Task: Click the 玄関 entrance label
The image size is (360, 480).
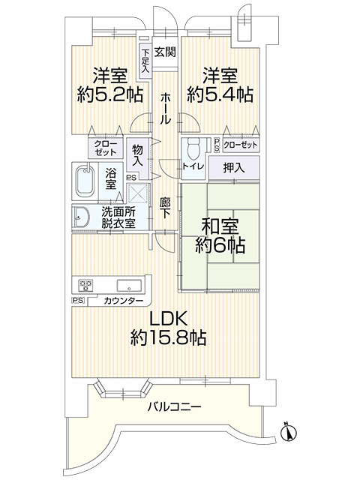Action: coord(166,52)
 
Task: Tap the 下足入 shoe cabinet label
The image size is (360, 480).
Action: coord(145,59)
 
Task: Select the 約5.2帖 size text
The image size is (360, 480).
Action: coord(109,94)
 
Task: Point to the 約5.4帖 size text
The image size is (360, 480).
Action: coord(220,94)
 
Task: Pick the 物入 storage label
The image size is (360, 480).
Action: coord(137,155)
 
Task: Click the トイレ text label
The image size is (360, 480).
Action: coord(191,167)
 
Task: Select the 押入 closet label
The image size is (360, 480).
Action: coord(232,166)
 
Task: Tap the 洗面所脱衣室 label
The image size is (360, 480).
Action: coord(118,217)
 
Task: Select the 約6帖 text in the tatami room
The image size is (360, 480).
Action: coord(220,244)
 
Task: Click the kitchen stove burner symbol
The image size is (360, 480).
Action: coord(85,285)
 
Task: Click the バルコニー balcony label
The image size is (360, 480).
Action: coord(173,406)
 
